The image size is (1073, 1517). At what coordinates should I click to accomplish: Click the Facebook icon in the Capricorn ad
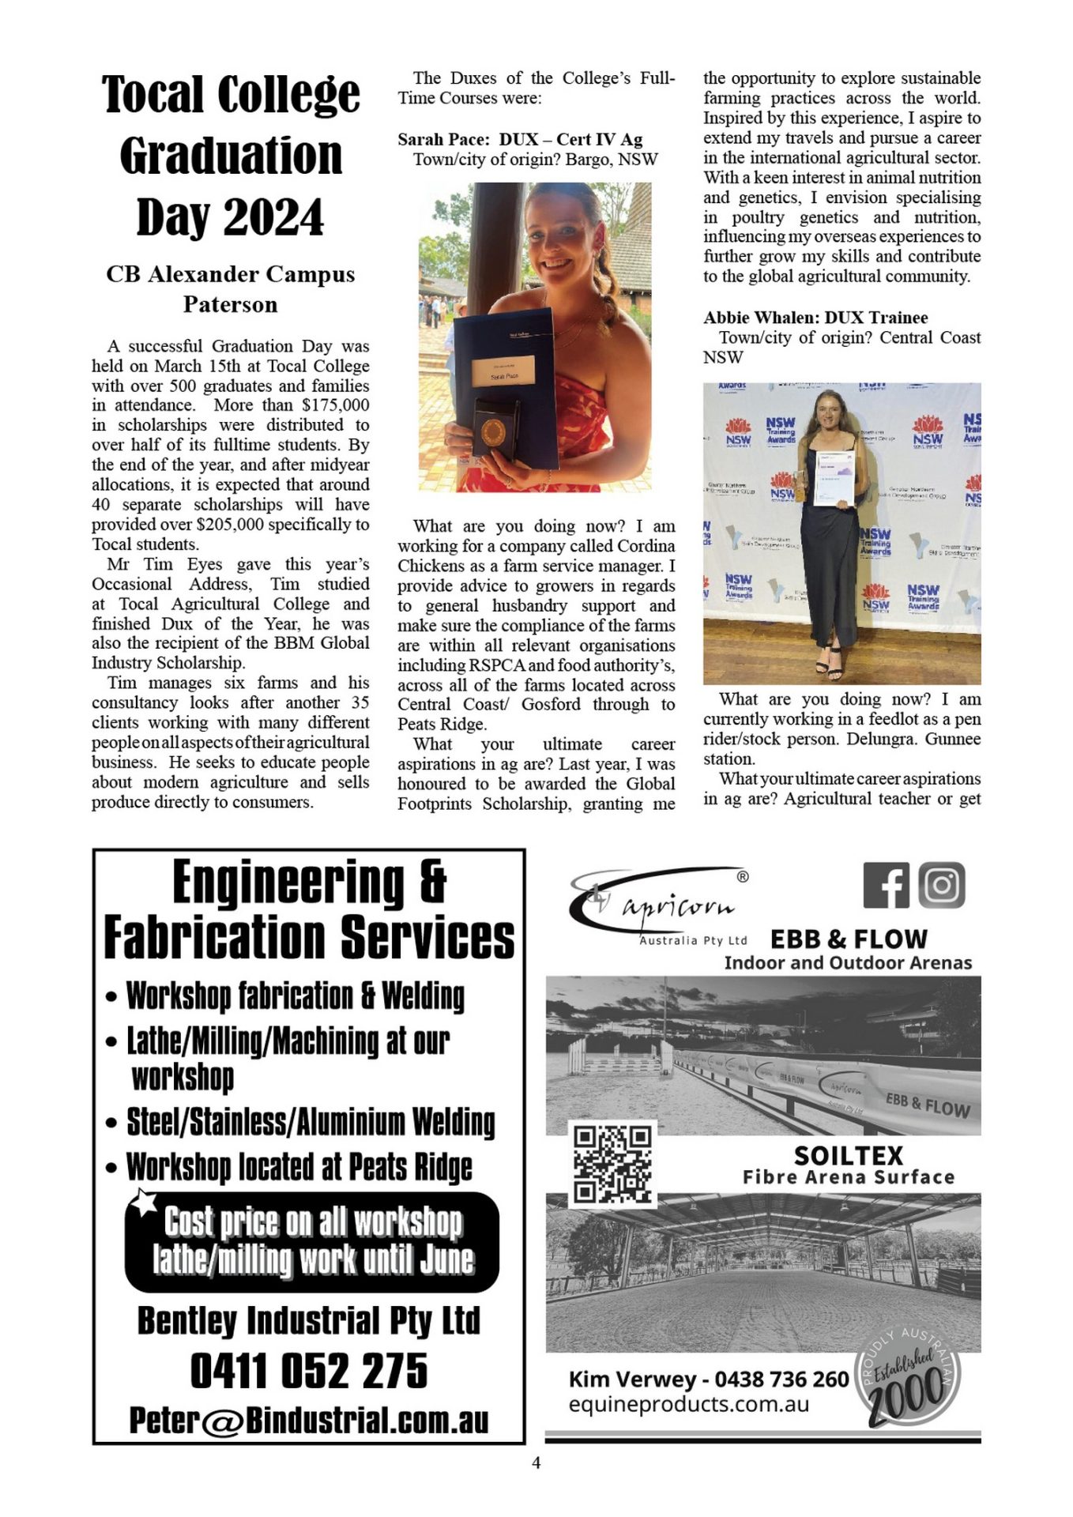point(886,885)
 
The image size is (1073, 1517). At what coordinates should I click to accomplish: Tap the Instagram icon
point(941,885)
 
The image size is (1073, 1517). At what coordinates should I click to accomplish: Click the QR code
point(613,1164)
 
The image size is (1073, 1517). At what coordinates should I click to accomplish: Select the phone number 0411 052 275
point(309,1371)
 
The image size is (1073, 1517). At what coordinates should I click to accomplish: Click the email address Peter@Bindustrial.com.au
point(309,1420)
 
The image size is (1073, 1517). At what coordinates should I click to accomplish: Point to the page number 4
point(536,1463)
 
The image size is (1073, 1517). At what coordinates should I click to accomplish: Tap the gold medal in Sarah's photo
point(493,431)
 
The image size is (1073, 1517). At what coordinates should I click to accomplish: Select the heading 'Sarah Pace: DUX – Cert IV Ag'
point(520,140)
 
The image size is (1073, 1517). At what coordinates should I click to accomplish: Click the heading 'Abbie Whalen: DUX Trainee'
point(815,318)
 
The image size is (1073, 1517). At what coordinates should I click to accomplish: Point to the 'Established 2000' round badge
point(909,1377)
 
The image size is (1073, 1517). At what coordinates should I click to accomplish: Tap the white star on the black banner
point(144,1202)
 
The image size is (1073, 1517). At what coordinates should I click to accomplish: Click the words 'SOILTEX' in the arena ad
point(848,1156)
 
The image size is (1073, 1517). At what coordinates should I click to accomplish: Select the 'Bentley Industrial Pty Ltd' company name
point(309,1320)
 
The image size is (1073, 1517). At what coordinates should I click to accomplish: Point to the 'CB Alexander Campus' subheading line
point(230,274)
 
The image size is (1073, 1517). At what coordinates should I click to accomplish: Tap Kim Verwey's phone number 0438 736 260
point(781,1380)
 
